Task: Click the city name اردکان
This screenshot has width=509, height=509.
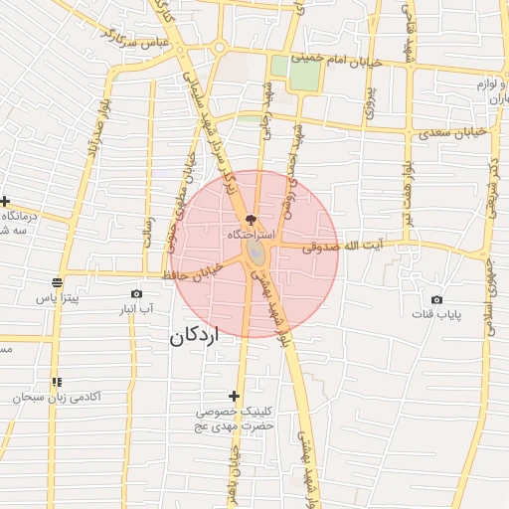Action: point(193,337)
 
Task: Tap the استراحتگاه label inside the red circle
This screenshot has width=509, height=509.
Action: point(249,235)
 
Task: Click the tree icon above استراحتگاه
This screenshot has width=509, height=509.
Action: point(249,218)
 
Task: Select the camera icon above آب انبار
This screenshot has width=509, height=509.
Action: point(137,293)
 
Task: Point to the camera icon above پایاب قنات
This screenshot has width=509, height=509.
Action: point(436,299)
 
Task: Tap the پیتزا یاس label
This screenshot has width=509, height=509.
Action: point(58,298)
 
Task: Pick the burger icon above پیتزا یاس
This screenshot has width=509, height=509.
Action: point(58,282)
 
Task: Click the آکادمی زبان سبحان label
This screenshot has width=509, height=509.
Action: point(57,397)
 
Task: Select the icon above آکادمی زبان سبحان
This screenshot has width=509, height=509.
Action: point(57,381)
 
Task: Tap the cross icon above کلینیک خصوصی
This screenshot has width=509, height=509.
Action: point(235,396)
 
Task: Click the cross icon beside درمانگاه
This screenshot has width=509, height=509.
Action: point(5,202)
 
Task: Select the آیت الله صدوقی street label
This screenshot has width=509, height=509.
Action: point(320,244)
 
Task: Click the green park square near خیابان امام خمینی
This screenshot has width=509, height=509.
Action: point(295,73)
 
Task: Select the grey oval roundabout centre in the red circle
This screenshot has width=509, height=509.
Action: point(255,255)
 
